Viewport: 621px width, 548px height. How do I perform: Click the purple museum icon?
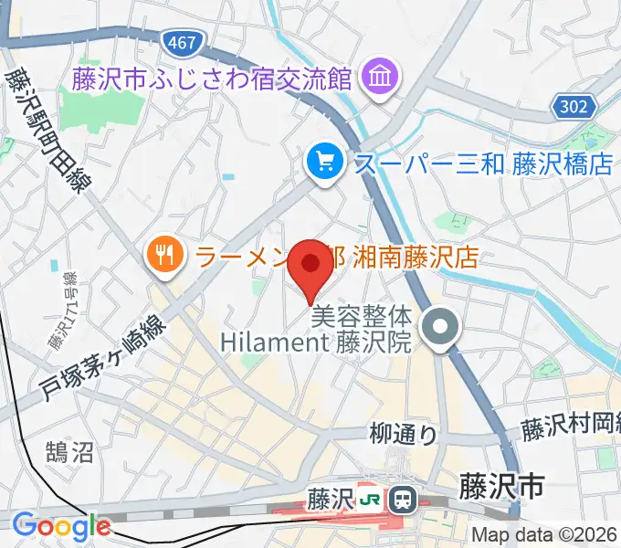pyautogui.click(x=376, y=78)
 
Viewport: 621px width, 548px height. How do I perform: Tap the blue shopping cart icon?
pyautogui.click(x=324, y=163)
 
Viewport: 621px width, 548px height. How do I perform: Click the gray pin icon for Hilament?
pyautogui.click(x=442, y=329)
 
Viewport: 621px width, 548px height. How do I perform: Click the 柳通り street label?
pyautogui.click(x=404, y=434)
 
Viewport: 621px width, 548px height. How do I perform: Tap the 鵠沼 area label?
pyautogui.click(x=68, y=450)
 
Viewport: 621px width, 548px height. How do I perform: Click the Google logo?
pyautogui.click(x=61, y=526)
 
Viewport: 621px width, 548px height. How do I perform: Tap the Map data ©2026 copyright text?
pyautogui.click(x=544, y=535)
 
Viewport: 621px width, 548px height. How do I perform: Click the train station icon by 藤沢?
pyautogui.click(x=401, y=500)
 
